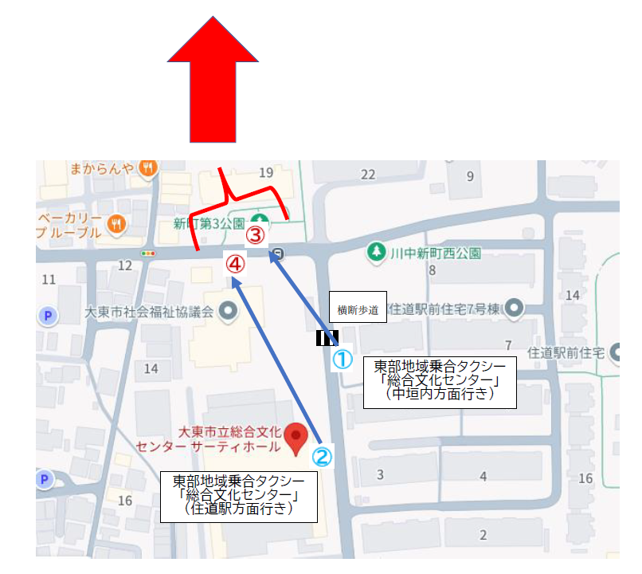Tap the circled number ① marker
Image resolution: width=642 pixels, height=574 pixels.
342,360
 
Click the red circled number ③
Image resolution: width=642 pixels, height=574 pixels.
254,235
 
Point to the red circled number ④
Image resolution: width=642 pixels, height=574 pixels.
235,262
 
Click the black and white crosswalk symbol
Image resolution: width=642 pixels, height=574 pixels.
327,338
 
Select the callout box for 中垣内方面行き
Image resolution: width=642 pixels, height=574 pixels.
440,382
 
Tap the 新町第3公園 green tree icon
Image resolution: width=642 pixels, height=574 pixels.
260,221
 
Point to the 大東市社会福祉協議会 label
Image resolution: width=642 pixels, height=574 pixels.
150,311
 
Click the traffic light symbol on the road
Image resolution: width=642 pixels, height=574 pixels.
147,254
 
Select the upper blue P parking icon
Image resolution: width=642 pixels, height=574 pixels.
49,316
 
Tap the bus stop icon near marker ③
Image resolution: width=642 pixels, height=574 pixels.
276,254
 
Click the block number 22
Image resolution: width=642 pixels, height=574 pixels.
367,175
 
